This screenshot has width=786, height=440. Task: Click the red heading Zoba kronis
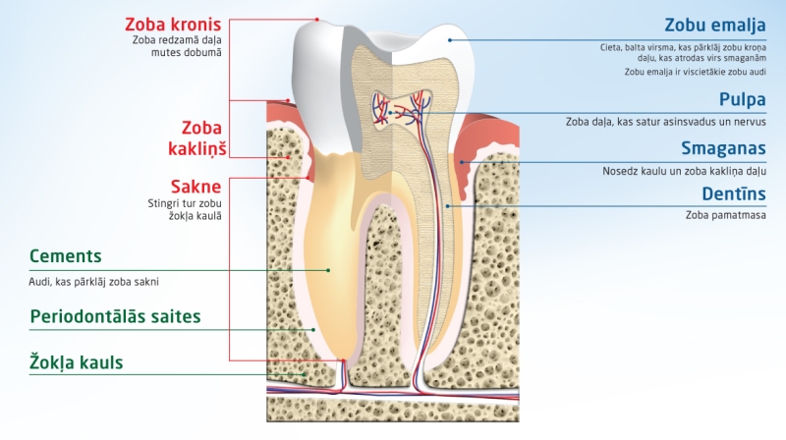pyautogui.click(x=173, y=24)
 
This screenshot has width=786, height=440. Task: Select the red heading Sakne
pyautogui.click(x=196, y=186)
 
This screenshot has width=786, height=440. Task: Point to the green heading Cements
pyautogui.click(x=66, y=256)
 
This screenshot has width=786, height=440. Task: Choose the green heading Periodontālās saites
pyautogui.click(x=115, y=316)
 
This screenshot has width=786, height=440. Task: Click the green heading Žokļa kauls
pyautogui.click(x=77, y=362)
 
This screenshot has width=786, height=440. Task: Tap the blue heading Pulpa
pyautogui.click(x=740, y=99)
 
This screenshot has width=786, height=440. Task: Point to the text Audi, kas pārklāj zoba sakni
pyautogui.click(x=94, y=281)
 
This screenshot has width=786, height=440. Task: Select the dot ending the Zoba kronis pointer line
pyautogui.click(x=317, y=19)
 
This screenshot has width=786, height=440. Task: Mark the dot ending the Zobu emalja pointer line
pyautogui.click(x=450, y=40)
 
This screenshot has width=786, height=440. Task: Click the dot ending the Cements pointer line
pyautogui.click(x=329, y=270)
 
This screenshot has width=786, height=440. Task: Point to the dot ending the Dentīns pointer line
pyautogui.click(x=448, y=205)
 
